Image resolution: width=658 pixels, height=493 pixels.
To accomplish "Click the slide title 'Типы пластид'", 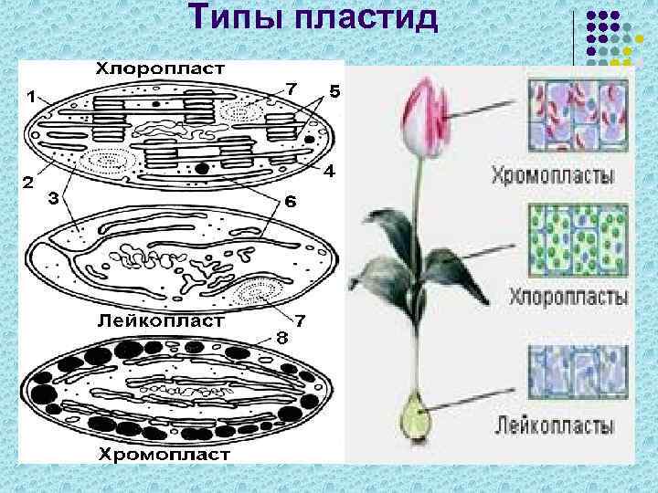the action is pos(314,18).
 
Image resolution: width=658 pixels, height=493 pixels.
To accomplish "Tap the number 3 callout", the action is pos(55,200).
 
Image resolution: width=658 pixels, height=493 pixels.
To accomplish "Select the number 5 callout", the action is pos(334,92).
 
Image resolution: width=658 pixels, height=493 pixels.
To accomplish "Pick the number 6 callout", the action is pos(289,201).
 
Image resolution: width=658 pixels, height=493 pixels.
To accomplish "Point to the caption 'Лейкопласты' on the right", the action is pos(556,425).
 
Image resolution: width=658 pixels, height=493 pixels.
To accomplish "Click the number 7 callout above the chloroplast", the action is pos(291,89).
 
